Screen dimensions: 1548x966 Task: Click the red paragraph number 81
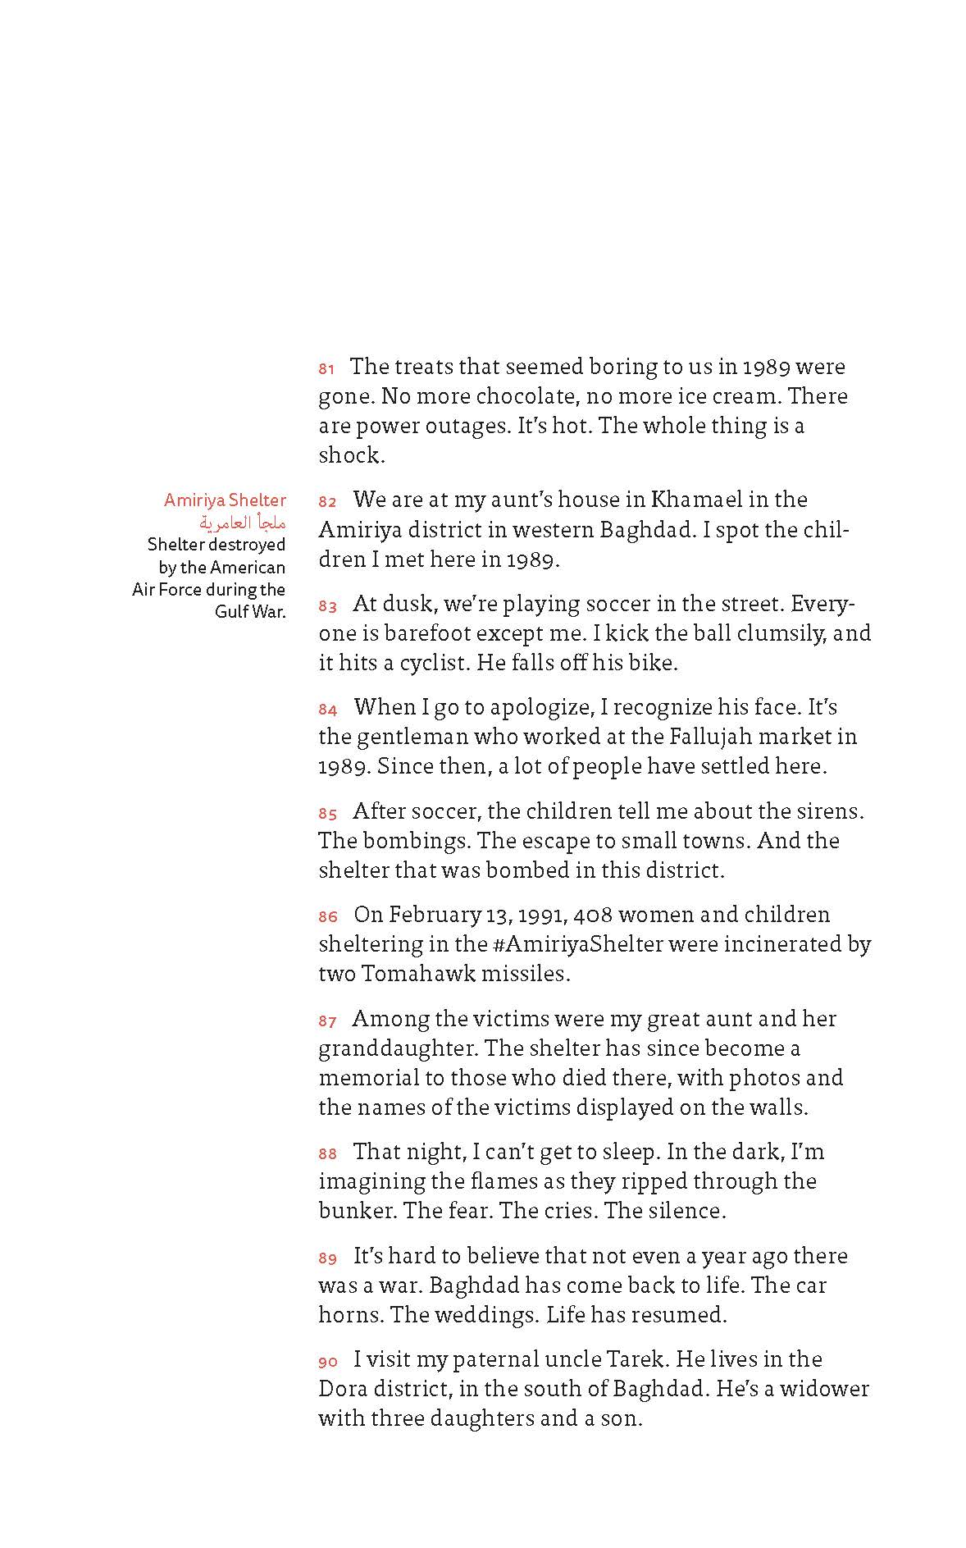point(326,369)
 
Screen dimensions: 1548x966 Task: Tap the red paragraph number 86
point(328,916)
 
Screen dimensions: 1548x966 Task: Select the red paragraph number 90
point(328,1362)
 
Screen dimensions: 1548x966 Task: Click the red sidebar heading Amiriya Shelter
point(225,500)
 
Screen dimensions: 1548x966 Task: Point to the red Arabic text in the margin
point(243,522)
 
